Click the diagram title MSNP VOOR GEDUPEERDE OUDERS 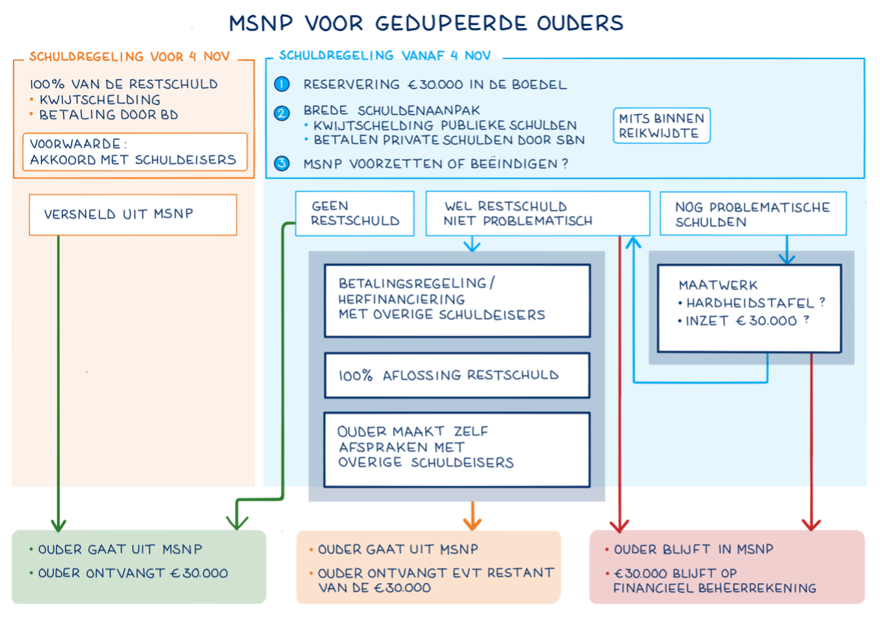coord(426,23)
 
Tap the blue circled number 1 coord(282,84)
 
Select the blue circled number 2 coord(282,113)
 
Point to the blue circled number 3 coord(282,163)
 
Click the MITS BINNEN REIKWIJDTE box coord(661,126)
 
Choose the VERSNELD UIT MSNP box coord(133,215)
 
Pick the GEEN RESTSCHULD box coord(354,213)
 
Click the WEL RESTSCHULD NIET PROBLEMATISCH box coord(537,213)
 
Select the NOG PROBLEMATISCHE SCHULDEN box coord(753,214)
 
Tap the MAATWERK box coord(749,308)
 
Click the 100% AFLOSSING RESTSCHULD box coord(457,376)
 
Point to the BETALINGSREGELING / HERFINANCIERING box coord(457,300)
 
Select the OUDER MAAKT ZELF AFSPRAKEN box coord(457,449)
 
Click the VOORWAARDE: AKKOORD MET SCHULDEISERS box coord(135,152)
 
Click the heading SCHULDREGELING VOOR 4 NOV coord(129,56)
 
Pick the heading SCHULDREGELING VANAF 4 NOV coord(385,56)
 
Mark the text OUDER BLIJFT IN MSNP coord(693,549)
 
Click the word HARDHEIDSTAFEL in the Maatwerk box coord(750,303)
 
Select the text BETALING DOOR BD coord(108,115)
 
